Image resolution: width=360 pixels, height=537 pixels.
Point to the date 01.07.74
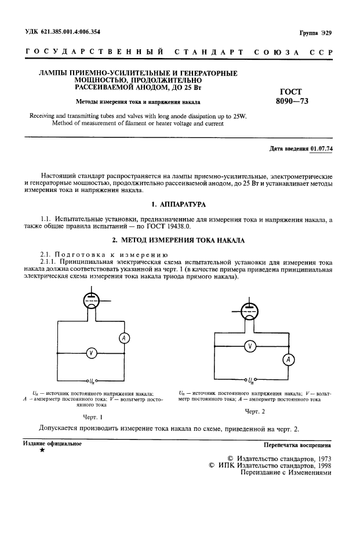click(326, 149)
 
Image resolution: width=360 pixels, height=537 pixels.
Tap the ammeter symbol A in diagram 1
click(123, 339)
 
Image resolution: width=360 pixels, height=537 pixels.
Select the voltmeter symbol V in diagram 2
click(250, 346)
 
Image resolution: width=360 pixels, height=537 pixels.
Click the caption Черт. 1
click(93, 416)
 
